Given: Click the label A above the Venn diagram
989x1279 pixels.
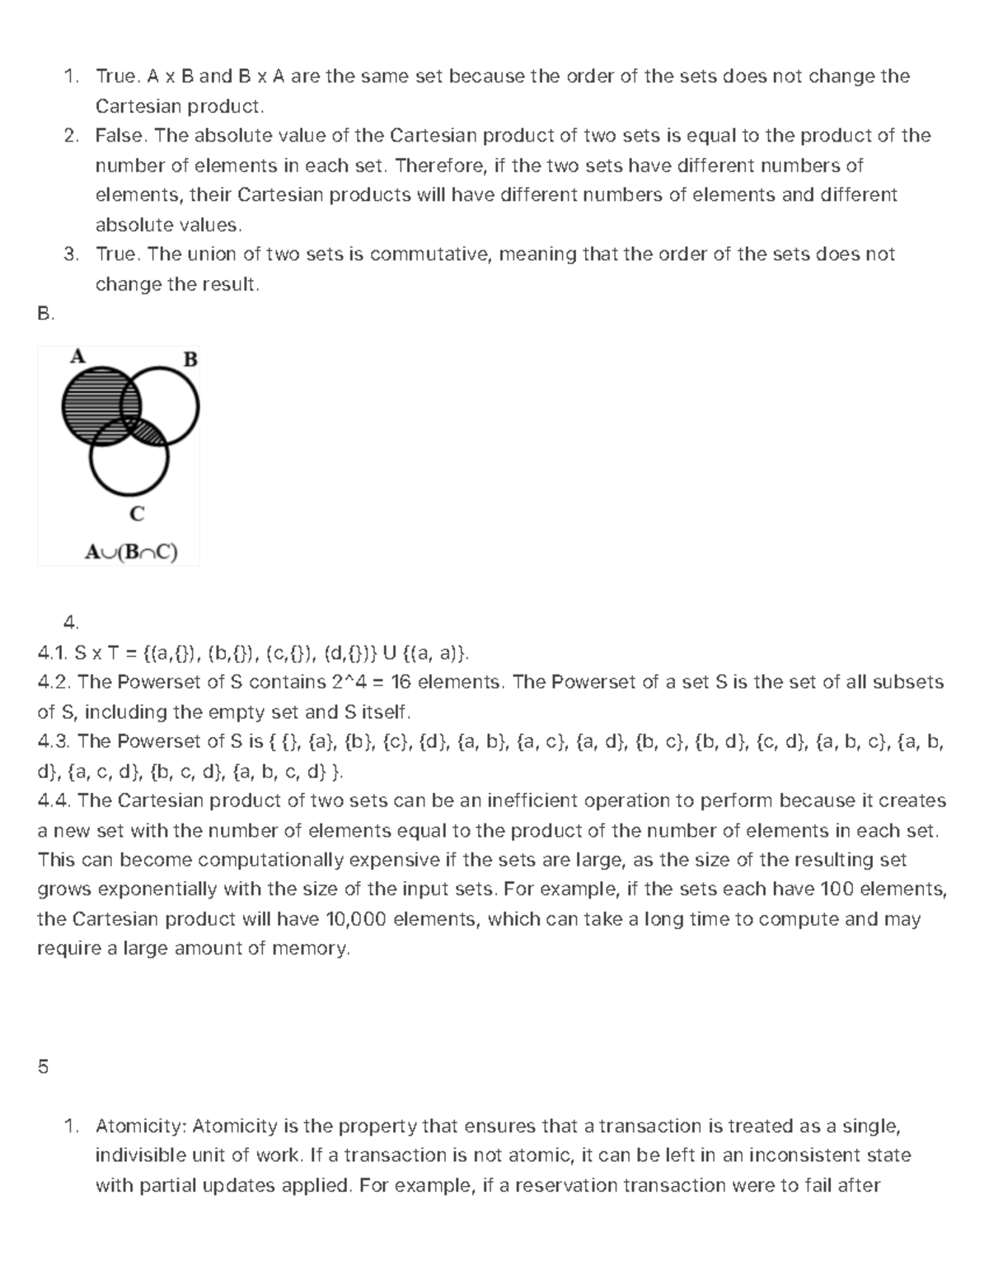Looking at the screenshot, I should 77,356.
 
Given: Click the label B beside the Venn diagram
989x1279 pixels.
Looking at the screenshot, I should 190,359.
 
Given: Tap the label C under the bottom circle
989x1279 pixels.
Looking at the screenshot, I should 137,514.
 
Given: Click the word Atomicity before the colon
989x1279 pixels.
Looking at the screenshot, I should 141,1126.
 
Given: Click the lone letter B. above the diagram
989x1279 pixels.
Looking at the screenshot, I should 45,314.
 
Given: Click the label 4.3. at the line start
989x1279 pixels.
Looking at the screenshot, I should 54,741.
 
